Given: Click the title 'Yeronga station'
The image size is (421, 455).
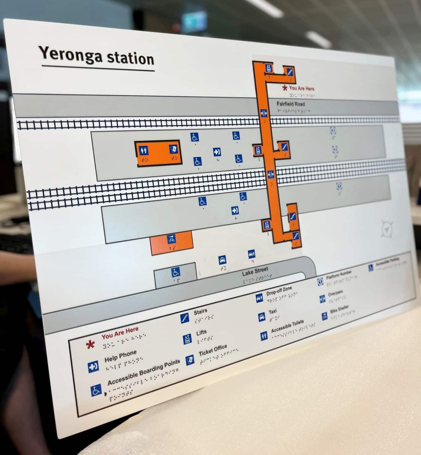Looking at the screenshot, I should pos(96,56).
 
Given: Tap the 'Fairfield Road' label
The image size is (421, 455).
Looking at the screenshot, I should pos(290,104).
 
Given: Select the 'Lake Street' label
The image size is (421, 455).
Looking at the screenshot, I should pos(255,271).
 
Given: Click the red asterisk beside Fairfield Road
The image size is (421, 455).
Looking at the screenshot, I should pos(285,88).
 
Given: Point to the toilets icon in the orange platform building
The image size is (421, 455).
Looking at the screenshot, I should pos(144,150).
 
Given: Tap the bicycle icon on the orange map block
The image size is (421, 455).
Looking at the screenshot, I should pos(171,239).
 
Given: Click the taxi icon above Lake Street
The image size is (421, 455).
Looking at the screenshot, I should pos(222,260).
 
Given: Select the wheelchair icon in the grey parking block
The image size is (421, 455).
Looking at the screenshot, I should pos(176,272).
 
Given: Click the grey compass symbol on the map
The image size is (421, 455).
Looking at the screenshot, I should pos(387,229).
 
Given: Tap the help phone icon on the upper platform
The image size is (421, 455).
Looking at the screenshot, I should pos(217,152).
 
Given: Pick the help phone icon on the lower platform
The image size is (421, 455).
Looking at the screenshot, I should pos(235,211).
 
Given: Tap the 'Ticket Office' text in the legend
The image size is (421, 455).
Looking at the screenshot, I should pos(213,350).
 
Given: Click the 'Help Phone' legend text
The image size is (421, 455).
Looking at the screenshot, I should pos(120,356).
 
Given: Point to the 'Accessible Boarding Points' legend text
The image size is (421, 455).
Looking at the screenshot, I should pos(144,372).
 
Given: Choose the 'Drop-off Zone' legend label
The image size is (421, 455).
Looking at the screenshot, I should pos(279,291).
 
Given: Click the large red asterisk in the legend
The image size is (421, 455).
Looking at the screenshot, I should pos(90,344).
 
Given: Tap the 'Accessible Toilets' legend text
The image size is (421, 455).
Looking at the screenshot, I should pos(287,326).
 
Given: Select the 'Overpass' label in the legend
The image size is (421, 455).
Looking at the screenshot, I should pos(335,294).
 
